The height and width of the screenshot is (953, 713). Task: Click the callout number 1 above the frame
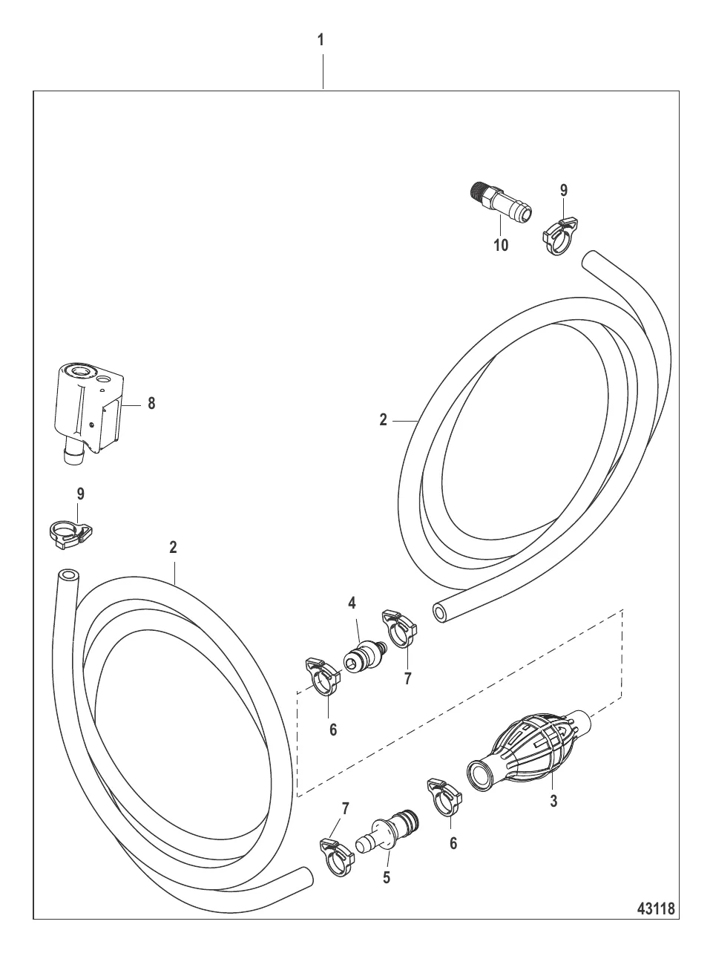click(x=321, y=40)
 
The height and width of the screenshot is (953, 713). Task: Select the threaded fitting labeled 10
click(x=502, y=201)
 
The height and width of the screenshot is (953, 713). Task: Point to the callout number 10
click(x=501, y=246)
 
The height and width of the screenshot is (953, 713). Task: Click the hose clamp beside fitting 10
click(x=560, y=236)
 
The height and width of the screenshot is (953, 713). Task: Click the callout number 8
click(x=151, y=404)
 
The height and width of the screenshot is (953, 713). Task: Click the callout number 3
click(x=553, y=801)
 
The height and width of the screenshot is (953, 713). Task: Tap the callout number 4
click(x=352, y=603)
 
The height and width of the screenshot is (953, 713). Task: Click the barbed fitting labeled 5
click(x=388, y=829)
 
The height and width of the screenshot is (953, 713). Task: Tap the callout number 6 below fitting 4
click(x=333, y=730)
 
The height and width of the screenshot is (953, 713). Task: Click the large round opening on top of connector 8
click(x=80, y=371)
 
